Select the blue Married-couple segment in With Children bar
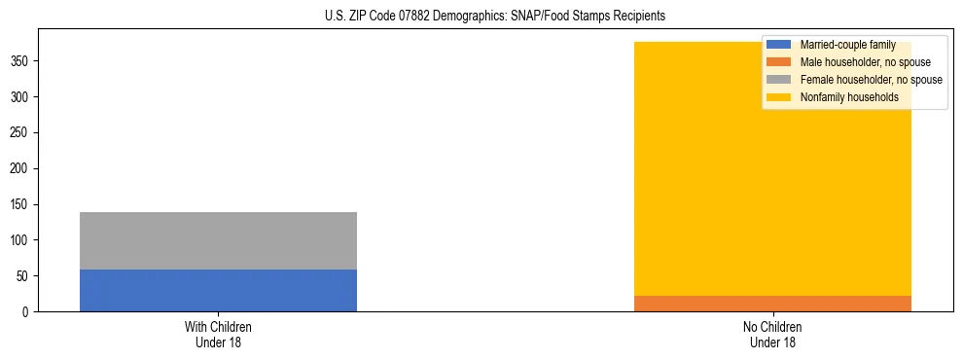218,290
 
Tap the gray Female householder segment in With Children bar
218,240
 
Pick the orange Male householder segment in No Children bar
772,304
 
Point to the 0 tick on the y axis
28,312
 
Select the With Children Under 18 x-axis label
218,334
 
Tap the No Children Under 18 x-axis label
772,334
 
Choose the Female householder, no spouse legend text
871,80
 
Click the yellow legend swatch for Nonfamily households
779,97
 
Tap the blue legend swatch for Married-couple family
779,45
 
